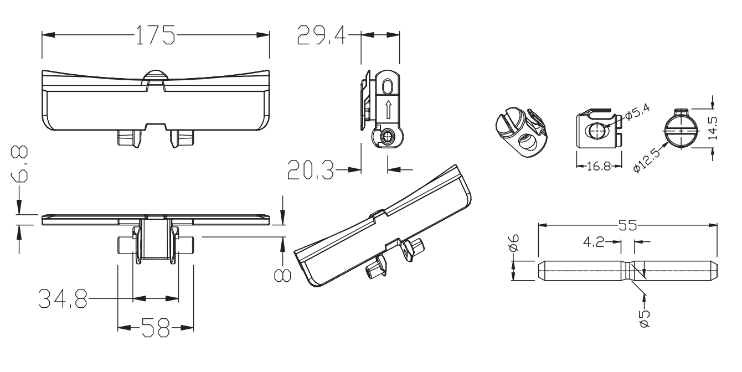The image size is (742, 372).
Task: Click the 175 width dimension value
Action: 156,35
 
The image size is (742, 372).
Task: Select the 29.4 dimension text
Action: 321,35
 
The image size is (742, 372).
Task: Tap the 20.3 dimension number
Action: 311,170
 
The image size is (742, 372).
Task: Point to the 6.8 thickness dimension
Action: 19,164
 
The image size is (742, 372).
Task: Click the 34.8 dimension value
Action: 63,299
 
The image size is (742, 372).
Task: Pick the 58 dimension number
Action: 156,328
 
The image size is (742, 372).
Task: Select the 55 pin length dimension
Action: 627,226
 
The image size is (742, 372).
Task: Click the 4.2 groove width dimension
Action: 594,242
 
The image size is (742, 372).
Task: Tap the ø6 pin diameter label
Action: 514,243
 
